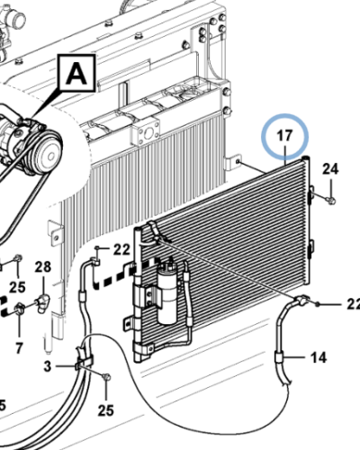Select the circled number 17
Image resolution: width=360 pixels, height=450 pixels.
coord(284,138)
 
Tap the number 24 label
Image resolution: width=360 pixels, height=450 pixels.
coord(330,169)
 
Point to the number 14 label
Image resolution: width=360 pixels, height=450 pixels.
coord(319,357)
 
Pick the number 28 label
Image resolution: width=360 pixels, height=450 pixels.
coord(43,266)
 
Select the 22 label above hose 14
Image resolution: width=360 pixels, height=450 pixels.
coord(352,303)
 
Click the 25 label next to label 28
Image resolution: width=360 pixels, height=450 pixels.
coord(18,287)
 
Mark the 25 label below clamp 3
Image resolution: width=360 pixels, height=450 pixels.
coord(105,411)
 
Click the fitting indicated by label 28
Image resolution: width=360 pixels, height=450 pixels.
coord(41,296)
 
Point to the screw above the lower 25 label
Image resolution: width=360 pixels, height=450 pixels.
coord(105,376)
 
